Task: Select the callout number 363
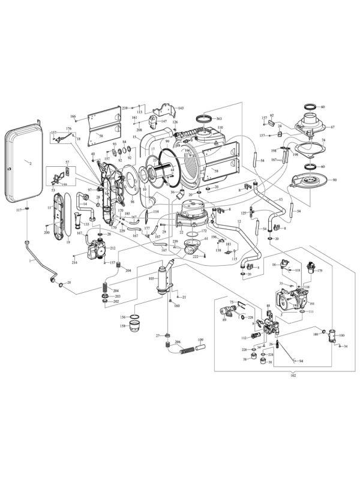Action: tap(219, 119)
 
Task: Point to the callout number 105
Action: tap(151, 278)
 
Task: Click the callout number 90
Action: tap(334, 180)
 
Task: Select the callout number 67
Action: tap(332, 127)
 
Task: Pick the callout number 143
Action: tap(180, 108)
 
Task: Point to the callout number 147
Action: tap(163, 121)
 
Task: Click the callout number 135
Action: tap(86, 224)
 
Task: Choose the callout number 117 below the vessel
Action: tap(19, 209)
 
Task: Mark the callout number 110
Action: tap(220, 128)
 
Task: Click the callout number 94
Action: tap(301, 361)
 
